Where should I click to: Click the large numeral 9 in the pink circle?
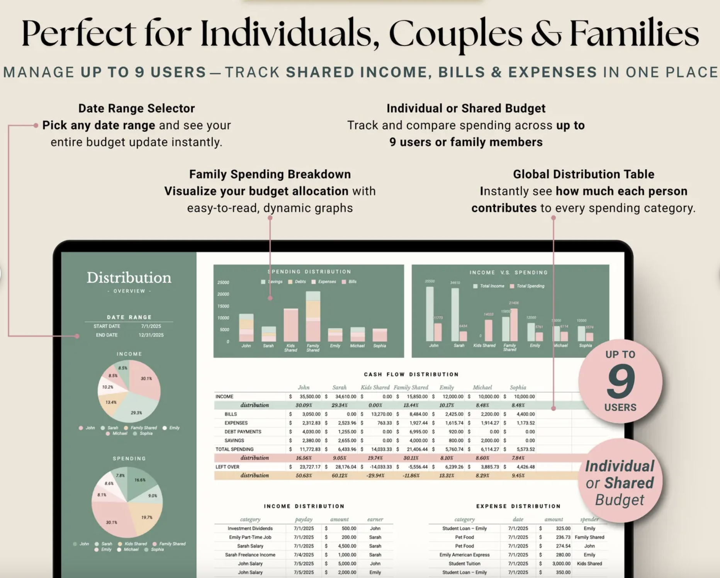click(x=620, y=381)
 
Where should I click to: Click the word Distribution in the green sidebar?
click(x=129, y=277)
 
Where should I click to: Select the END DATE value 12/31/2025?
click(x=151, y=335)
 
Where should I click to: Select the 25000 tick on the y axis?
click(x=223, y=282)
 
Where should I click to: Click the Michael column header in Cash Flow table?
click(x=482, y=387)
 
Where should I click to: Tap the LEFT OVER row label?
click(x=227, y=467)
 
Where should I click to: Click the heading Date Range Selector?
click(x=136, y=108)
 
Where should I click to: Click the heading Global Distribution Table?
click(x=583, y=174)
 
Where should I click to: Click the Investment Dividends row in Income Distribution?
click(x=250, y=528)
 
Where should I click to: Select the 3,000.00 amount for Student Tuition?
click(x=561, y=563)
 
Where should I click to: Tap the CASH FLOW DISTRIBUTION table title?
click(x=411, y=374)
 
